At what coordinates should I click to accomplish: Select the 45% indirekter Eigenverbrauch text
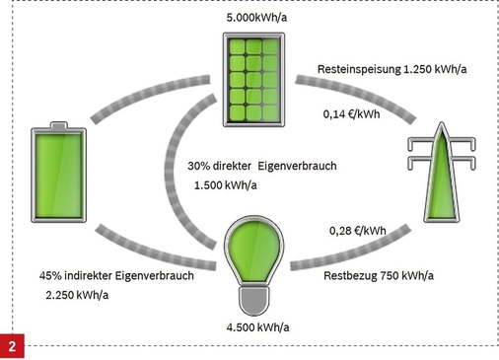click(x=116, y=275)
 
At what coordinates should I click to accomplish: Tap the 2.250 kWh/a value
click(x=79, y=295)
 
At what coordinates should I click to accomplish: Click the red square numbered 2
click(x=12, y=348)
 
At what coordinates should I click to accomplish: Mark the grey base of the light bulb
click(x=253, y=297)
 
